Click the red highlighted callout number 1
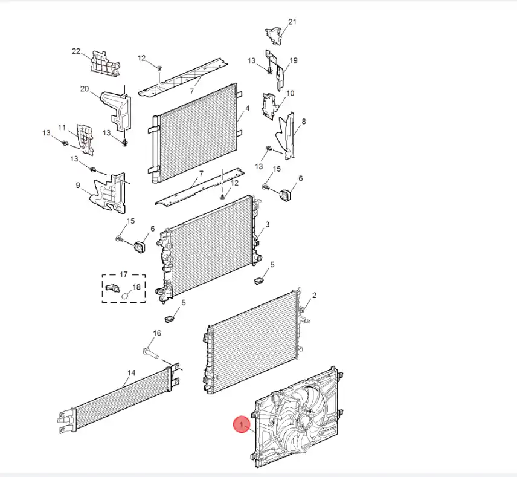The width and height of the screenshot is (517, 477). pyautogui.click(x=242, y=426)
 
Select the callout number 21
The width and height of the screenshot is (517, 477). pyautogui.click(x=292, y=22)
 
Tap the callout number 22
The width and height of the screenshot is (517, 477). pyautogui.click(x=76, y=51)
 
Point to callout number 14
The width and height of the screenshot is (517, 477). pyautogui.click(x=130, y=374)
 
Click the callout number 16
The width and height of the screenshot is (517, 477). pyautogui.click(x=157, y=333)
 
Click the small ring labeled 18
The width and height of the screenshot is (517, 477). pyautogui.click(x=125, y=296)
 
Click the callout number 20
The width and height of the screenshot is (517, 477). pyautogui.click(x=85, y=89)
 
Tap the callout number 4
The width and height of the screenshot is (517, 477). pyautogui.click(x=247, y=109)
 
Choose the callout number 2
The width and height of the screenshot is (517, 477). pyautogui.click(x=314, y=296)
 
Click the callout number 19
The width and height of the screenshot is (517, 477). pyautogui.click(x=294, y=60)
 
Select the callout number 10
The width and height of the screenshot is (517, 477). pyautogui.click(x=290, y=93)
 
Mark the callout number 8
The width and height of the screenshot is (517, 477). pyautogui.click(x=303, y=122)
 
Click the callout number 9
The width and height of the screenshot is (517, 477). pyautogui.click(x=78, y=186)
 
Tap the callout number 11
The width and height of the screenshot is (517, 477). pyautogui.click(x=62, y=127)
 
